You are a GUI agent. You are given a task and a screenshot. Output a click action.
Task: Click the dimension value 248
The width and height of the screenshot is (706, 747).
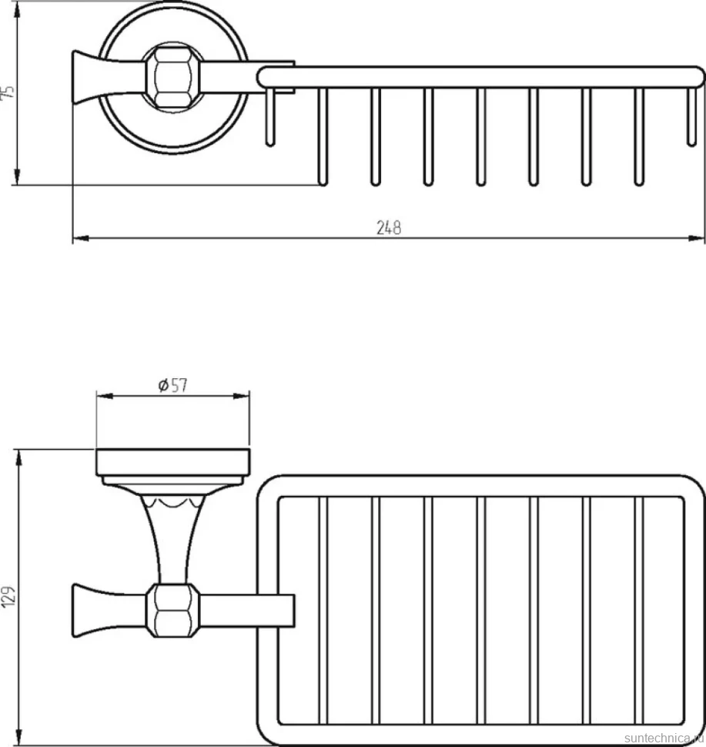389,228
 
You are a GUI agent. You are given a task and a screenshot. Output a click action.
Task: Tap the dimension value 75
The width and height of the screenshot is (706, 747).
8,92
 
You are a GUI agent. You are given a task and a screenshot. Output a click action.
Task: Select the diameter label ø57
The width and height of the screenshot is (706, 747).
173,385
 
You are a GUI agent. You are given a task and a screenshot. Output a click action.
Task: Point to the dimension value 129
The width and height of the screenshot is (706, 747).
8,596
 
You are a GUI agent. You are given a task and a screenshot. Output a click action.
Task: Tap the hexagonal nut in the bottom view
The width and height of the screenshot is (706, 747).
172,610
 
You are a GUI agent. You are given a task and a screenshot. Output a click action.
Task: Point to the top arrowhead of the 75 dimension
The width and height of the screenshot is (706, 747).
17,9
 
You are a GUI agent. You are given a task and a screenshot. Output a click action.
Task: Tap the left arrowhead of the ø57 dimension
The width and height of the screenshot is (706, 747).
105,395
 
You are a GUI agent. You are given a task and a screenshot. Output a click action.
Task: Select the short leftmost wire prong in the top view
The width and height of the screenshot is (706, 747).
270,116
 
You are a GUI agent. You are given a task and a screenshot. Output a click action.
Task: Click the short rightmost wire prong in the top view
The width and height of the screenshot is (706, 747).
691,116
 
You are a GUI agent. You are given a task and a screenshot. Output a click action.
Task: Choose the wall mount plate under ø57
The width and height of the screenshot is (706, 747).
173,463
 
